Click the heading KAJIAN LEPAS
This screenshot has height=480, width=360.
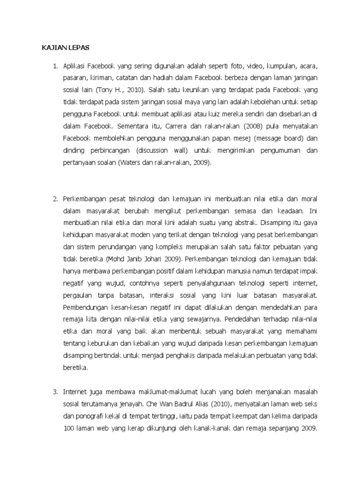(x=63, y=48)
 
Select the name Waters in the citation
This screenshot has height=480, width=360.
(x=130, y=162)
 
